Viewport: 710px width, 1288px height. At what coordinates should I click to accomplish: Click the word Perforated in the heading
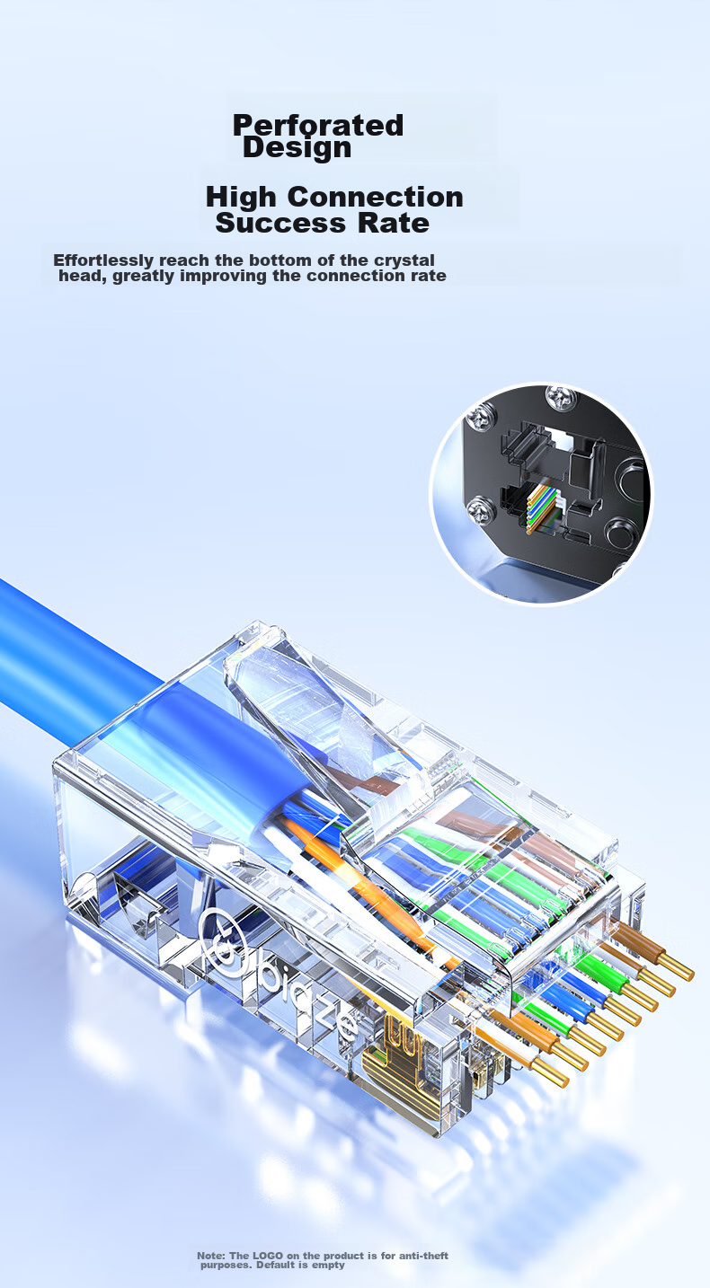point(317,126)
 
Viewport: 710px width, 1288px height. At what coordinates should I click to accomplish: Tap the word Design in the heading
point(297,148)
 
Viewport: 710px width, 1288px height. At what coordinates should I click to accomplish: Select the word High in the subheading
point(241,198)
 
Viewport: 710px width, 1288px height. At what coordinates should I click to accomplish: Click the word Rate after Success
point(394,223)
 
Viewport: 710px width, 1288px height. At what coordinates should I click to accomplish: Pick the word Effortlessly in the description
point(103,260)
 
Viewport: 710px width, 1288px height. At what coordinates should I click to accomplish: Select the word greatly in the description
point(143,277)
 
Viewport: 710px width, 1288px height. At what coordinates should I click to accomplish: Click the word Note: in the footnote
point(211,1256)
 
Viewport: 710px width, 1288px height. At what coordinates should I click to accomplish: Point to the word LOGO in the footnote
point(267,1256)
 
